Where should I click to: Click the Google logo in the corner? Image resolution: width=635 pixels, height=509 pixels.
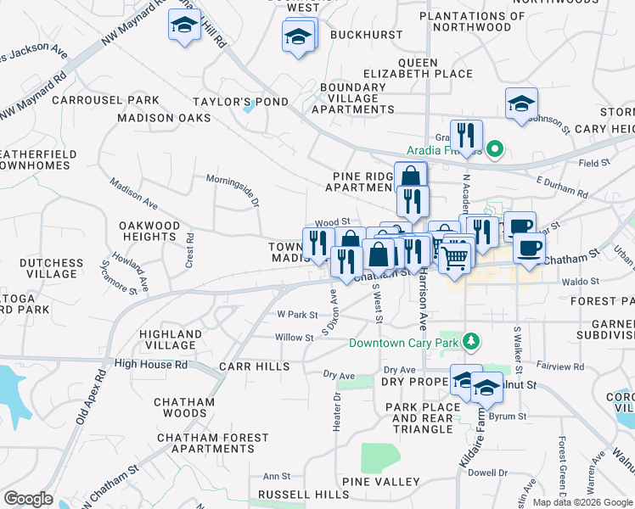(x=28, y=499)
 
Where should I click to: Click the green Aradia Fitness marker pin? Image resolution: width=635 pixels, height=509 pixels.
(x=497, y=150)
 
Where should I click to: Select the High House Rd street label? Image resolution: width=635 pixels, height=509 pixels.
(x=150, y=364)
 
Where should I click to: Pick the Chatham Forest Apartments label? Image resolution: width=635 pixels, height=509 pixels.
(x=212, y=443)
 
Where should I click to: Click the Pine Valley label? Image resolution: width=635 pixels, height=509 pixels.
(x=381, y=482)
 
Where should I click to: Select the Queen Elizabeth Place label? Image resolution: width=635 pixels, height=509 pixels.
(x=418, y=68)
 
